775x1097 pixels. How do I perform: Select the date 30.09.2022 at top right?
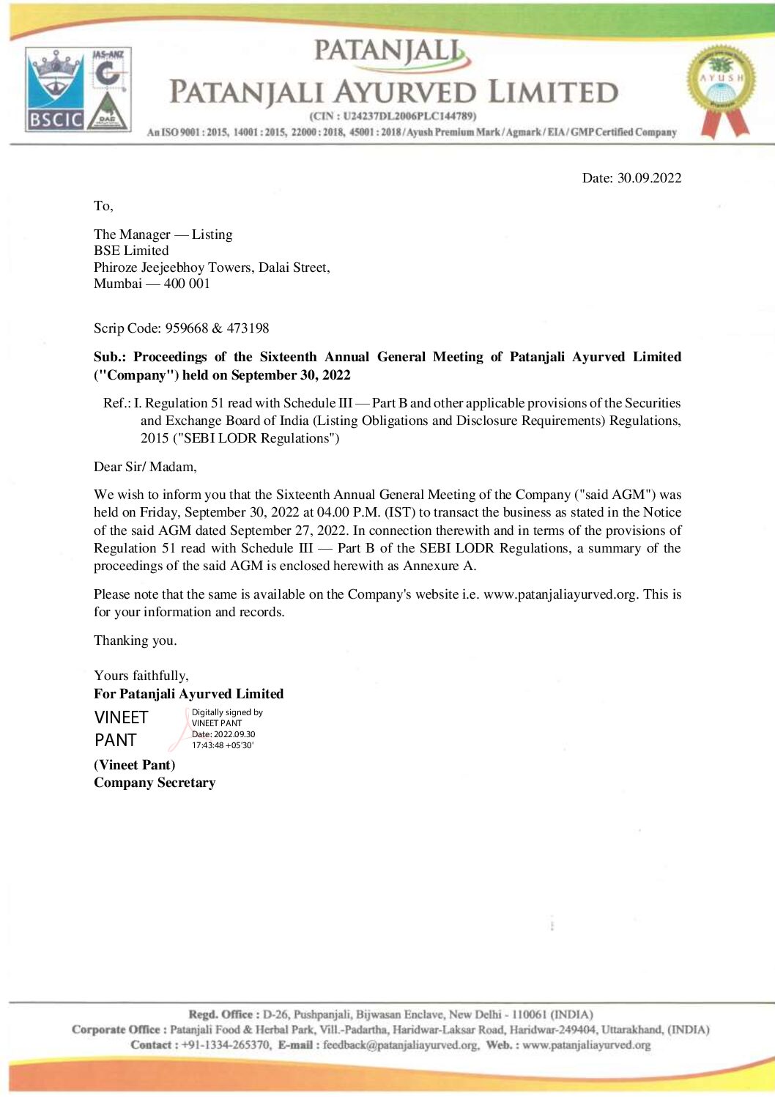tap(649, 178)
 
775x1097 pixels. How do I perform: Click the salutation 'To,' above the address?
tap(103, 206)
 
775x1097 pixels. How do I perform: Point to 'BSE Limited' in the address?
tap(131, 251)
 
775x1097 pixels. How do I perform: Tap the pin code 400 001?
tap(187, 284)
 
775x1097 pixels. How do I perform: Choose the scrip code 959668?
tap(187, 328)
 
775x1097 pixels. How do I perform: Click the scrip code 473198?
tap(248, 328)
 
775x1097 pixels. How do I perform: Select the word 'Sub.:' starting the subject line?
tap(110, 357)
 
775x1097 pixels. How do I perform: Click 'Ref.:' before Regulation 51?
tap(117, 403)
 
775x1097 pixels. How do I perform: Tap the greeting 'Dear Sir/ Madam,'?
tap(145, 467)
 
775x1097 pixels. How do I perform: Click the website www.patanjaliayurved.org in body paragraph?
tap(560, 594)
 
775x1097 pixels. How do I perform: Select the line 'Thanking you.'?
tap(136, 640)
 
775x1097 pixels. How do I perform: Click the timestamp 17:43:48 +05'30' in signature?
tap(223, 745)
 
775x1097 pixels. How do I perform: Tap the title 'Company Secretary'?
tap(155, 783)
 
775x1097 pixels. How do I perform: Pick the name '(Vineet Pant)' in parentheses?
tap(135, 765)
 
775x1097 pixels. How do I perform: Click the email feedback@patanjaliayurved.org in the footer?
tap(401, 1045)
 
